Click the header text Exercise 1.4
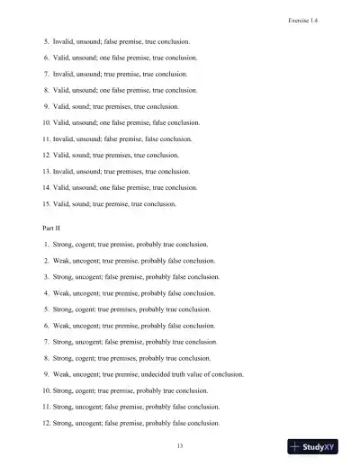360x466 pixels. coord(319,17)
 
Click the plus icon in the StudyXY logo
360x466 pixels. coord(297,446)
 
